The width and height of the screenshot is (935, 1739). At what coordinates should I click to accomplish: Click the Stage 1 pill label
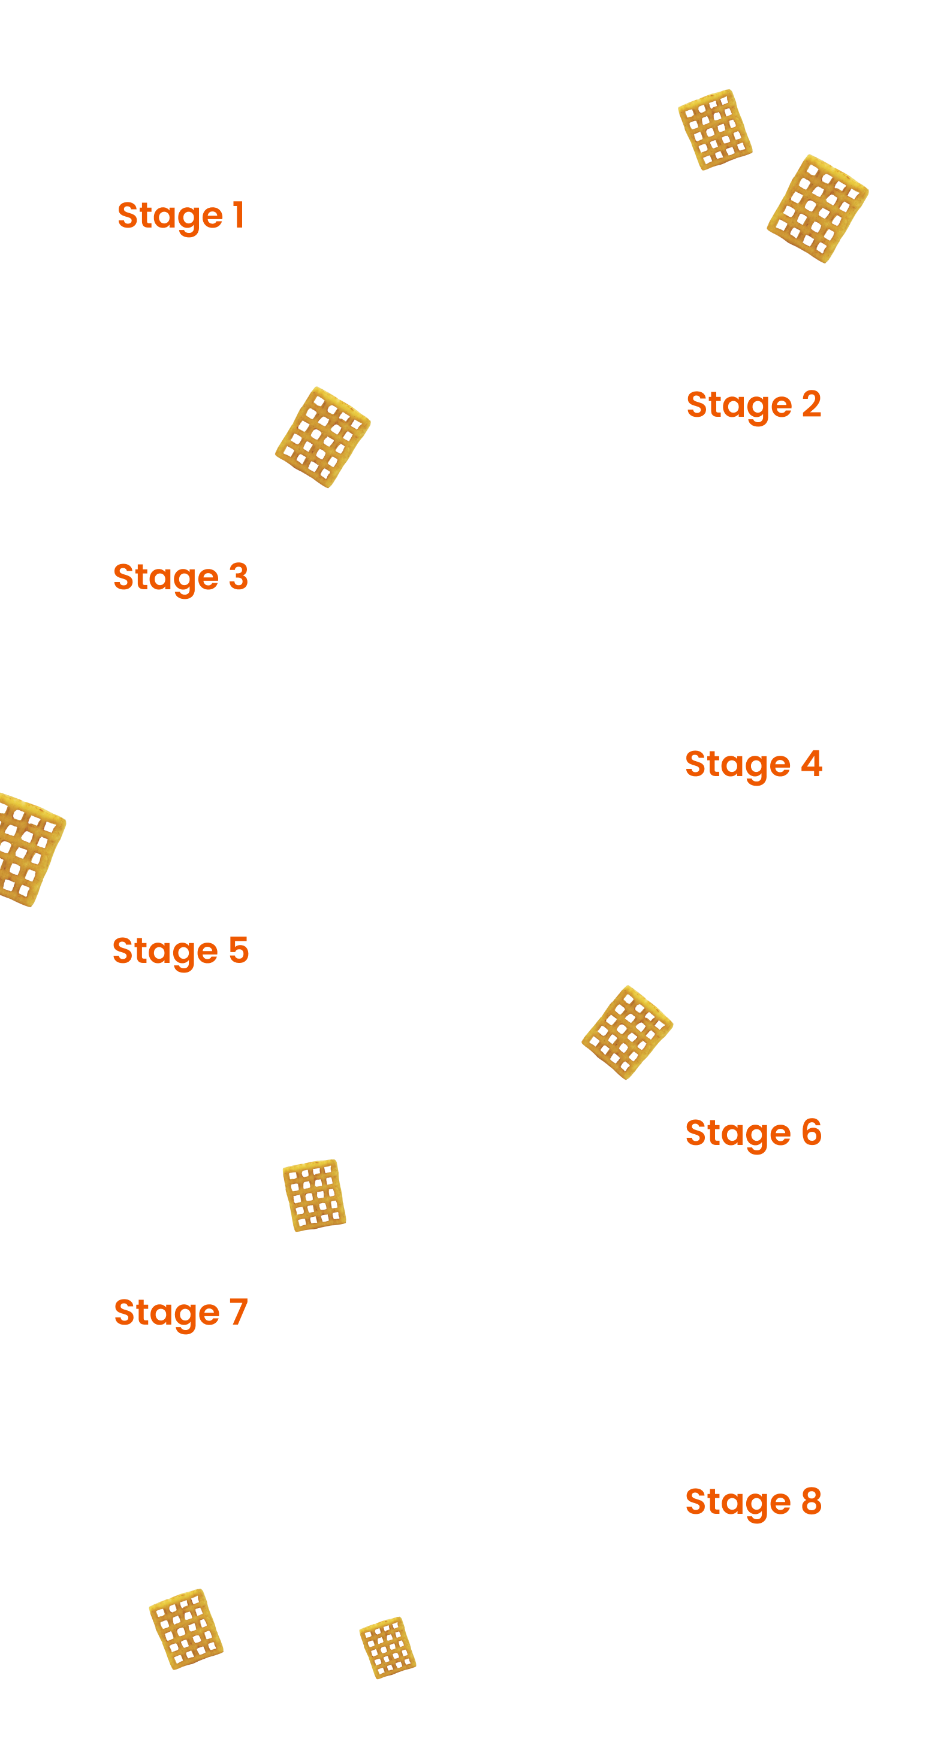click(x=182, y=217)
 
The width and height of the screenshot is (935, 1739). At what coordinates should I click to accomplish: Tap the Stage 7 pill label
click(x=182, y=1314)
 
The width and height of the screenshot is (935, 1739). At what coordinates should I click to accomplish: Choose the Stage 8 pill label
click(x=755, y=1504)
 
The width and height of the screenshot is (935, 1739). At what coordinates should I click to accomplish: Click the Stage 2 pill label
click(x=755, y=407)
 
